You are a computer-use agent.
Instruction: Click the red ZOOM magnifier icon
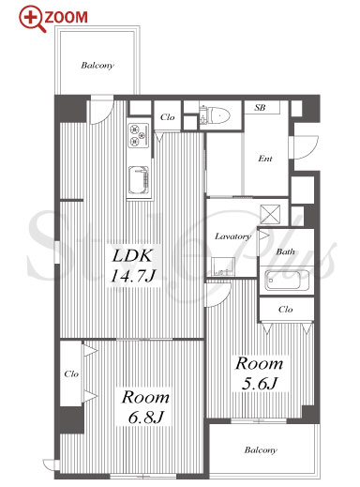click(x=32, y=19)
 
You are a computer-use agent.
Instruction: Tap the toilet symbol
click(x=216, y=115)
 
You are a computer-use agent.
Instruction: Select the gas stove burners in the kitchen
click(x=139, y=135)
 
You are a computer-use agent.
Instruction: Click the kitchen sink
click(x=139, y=180)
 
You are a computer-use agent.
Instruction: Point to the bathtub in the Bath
click(x=287, y=280)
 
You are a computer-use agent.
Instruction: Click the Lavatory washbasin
click(x=223, y=266)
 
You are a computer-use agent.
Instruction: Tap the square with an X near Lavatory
click(x=270, y=214)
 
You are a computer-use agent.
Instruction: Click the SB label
click(x=260, y=108)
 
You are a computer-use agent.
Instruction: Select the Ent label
click(x=265, y=159)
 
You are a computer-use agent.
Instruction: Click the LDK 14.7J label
click(x=133, y=266)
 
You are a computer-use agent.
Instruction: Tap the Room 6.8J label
click(x=145, y=406)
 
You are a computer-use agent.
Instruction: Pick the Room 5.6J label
click(x=260, y=373)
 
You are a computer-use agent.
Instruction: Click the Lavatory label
click(x=232, y=236)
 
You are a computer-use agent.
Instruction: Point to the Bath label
click(x=285, y=251)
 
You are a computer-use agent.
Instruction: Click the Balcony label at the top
click(x=97, y=66)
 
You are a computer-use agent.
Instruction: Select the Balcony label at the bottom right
click(x=261, y=450)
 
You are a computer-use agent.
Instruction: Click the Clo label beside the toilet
click(x=167, y=117)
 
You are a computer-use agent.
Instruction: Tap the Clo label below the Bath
click(x=285, y=310)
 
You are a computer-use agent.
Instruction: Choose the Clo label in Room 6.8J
click(x=71, y=374)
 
